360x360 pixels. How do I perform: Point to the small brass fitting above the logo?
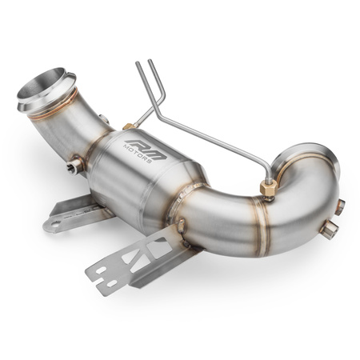point(127,126)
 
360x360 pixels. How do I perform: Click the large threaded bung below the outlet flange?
point(327,233)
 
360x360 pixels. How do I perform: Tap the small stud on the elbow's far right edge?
point(339,206)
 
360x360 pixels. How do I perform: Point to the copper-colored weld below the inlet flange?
point(60,108)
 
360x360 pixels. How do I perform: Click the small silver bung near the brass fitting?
point(105,119)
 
